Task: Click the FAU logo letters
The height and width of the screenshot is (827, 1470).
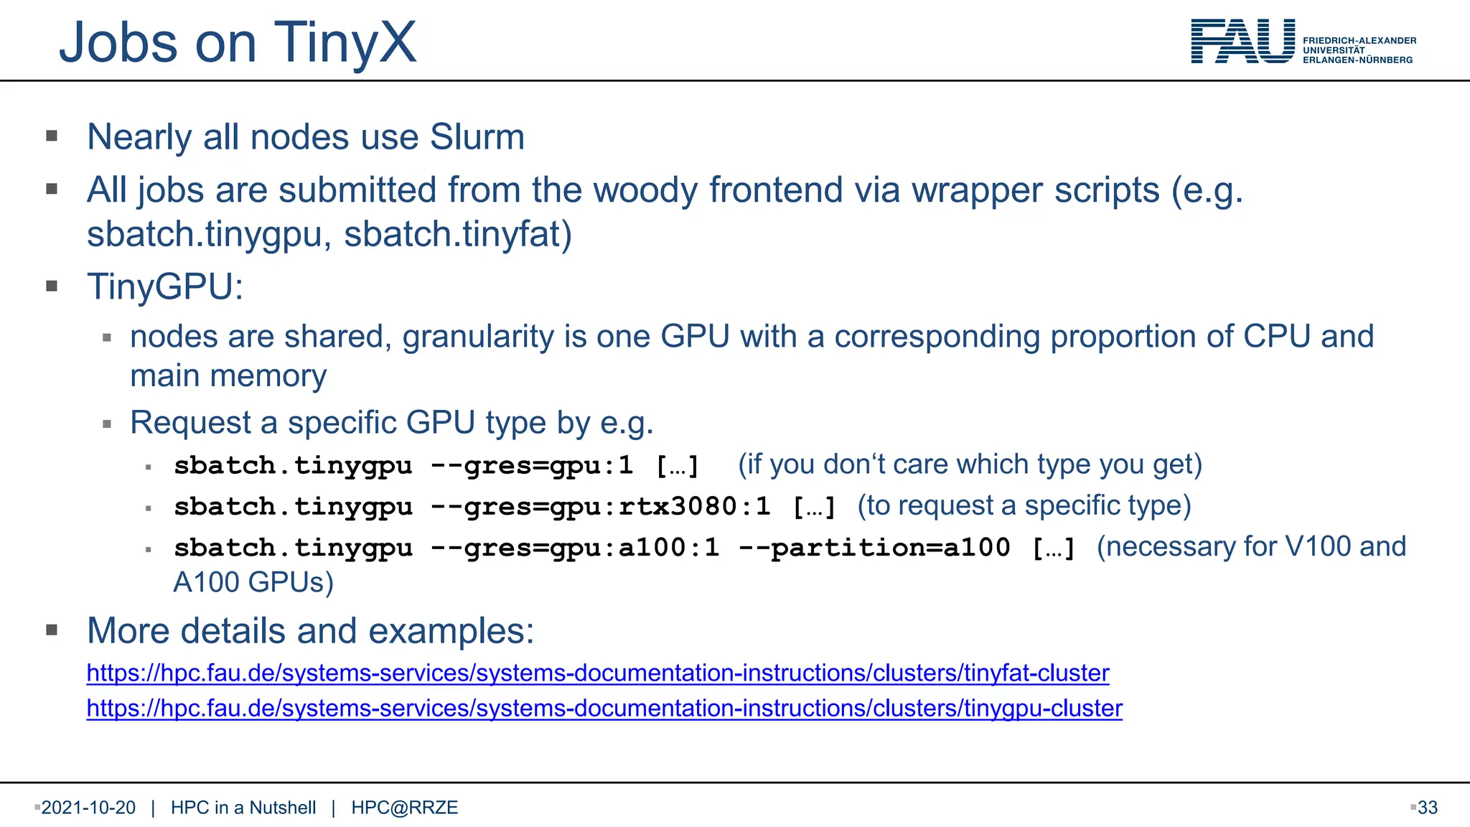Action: (x=1242, y=42)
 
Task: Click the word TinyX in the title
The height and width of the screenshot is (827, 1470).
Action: (x=345, y=43)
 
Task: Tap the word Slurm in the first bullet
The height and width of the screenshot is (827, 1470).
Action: (x=477, y=137)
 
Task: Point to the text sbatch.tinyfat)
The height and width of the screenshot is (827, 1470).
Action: (x=458, y=235)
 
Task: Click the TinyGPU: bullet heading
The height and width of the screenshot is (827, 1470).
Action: (x=165, y=286)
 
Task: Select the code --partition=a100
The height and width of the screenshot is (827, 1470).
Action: (x=874, y=548)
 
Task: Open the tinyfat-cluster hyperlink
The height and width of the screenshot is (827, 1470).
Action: (x=597, y=673)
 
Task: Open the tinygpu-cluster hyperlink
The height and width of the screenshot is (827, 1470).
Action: (x=604, y=709)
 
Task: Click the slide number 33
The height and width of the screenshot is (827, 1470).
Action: (x=1428, y=808)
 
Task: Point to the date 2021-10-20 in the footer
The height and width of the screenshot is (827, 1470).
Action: (x=88, y=808)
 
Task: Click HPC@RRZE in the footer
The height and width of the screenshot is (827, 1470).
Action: (x=404, y=808)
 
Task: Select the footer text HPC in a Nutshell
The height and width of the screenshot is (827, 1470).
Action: (x=243, y=808)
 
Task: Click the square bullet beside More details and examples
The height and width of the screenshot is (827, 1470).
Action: (x=52, y=630)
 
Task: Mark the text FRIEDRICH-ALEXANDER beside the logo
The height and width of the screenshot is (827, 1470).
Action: (x=1359, y=41)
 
